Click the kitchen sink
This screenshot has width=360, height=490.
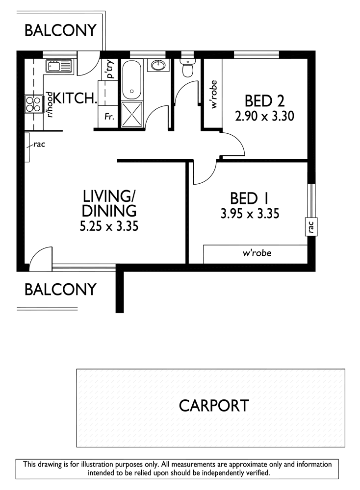point(59,66)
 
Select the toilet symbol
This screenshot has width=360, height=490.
point(188,68)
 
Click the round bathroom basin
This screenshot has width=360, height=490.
point(159,65)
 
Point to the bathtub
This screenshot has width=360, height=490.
point(131,79)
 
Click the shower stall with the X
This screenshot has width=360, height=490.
point(131,114)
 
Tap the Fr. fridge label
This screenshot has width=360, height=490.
point(109,117)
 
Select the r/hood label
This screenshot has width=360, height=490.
point(50,104)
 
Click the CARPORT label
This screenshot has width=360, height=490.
point(214,406)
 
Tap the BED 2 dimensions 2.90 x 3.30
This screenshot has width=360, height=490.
point(264,116)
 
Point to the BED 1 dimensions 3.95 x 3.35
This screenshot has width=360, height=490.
point(250,214)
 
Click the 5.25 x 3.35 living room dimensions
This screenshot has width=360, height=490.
point(109,226)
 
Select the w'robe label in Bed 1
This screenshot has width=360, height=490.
point(257,252)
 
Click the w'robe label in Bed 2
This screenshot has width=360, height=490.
point(214,95)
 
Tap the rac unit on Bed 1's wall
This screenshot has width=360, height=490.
point(311,226)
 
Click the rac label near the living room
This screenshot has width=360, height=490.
point(39,145)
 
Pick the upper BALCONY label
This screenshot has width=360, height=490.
point(60,30)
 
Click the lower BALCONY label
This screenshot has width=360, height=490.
point(60,290)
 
